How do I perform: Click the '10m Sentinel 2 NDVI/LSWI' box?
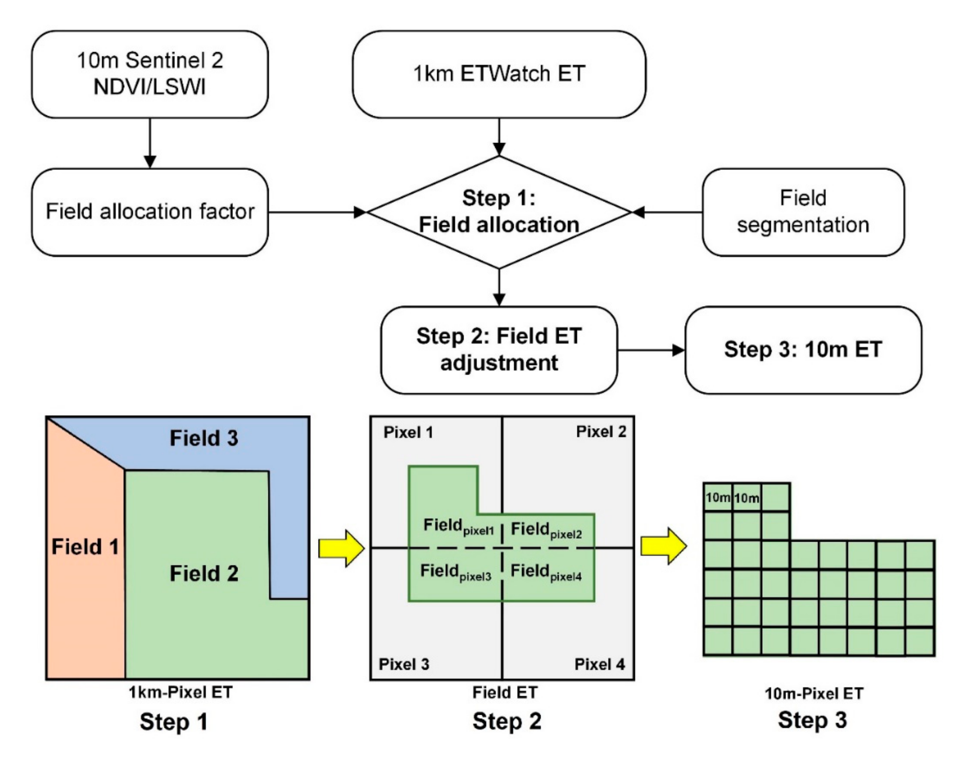point(150,74)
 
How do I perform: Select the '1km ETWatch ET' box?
point(499,74)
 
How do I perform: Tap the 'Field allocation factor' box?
point(150,211)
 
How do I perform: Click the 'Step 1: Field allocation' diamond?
point(499,211)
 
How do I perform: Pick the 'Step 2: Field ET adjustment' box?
point(499,349)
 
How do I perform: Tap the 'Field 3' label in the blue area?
point(204,438)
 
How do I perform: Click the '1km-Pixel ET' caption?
point(180,692)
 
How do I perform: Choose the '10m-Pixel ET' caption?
point(814,693)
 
